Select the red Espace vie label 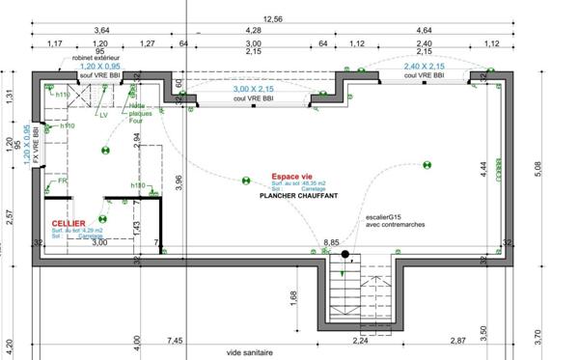pos(290,178)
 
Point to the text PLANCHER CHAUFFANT pos(298,196)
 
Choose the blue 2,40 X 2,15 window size pos(424,66)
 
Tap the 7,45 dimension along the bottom pos(175,340)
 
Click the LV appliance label pos(103,115)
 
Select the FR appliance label pos(62,180)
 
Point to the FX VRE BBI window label pos(37,148)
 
